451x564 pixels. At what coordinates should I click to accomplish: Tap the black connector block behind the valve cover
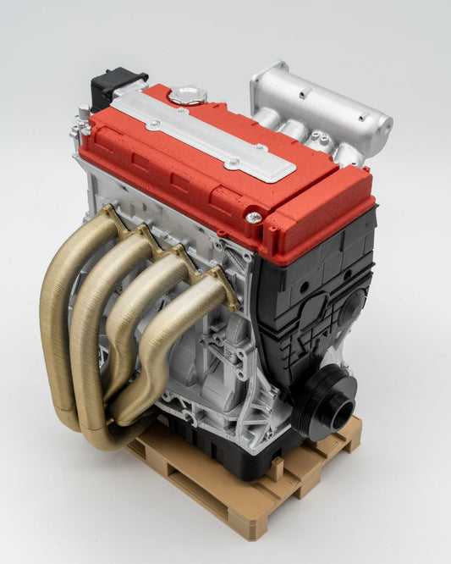(108, 88)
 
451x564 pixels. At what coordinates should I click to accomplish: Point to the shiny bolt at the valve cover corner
(254, 218)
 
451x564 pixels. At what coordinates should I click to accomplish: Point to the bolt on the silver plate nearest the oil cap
(153, 124)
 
